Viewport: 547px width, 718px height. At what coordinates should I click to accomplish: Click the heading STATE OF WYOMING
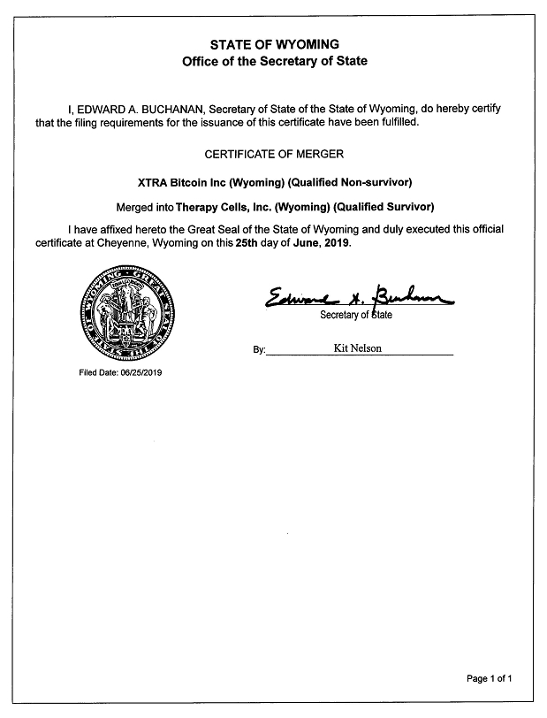[273, 44]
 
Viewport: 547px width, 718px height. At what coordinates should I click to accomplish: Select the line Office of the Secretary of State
[273, 62]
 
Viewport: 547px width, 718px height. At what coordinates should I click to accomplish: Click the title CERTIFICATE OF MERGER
[274, 154]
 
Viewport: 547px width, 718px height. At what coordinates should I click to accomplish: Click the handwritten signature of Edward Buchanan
[358, 298]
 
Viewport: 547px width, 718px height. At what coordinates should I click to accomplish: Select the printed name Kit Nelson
[357, 348]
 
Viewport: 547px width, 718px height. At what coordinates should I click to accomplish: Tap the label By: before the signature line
[259, 350]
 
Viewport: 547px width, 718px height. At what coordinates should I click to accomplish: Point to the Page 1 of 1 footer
[489, 678]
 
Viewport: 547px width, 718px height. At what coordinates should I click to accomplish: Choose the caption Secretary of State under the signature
[356, 316]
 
